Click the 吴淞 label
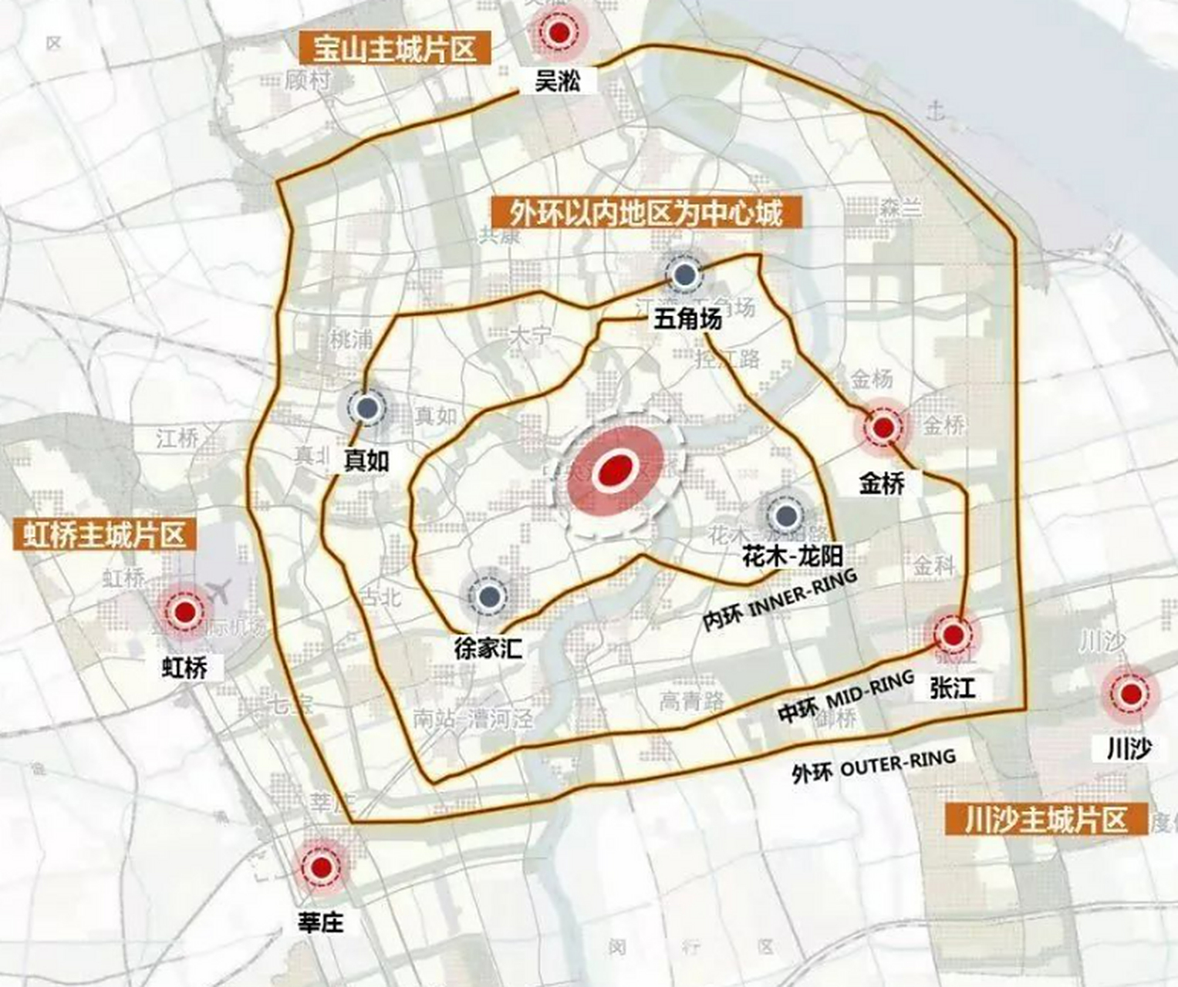(557, 80)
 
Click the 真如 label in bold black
(366, 460)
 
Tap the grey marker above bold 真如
(368, 408)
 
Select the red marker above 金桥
(883, 427)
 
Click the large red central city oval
(616, 470)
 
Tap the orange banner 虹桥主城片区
(100, 534)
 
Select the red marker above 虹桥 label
(184, 612)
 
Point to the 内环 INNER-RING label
(780, 601)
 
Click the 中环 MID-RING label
(846, 697)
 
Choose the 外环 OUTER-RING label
(873, 766)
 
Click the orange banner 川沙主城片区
(1045, 820)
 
